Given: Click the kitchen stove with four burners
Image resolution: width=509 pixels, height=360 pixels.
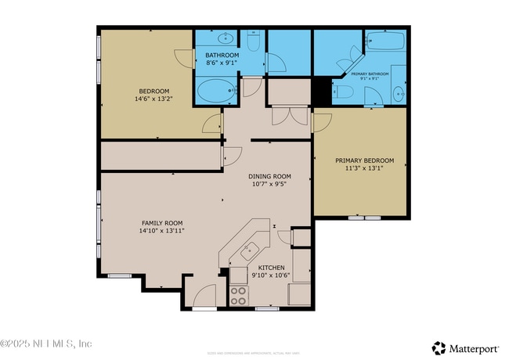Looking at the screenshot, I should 238,296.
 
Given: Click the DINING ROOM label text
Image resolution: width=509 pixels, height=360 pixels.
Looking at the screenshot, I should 269,176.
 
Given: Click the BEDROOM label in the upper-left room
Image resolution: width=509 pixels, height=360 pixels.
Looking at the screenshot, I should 154,91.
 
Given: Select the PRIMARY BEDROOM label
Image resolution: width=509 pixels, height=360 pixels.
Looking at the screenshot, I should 359,160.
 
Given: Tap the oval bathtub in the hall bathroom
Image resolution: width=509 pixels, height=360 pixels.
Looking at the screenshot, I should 214,92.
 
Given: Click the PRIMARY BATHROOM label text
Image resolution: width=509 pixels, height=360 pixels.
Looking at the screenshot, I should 369,74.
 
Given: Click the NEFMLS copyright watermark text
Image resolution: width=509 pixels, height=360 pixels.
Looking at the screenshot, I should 46,344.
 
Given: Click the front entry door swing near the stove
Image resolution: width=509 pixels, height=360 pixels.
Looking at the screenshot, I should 205,297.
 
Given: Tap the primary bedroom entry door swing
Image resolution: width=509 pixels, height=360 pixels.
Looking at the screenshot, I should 321,123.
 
